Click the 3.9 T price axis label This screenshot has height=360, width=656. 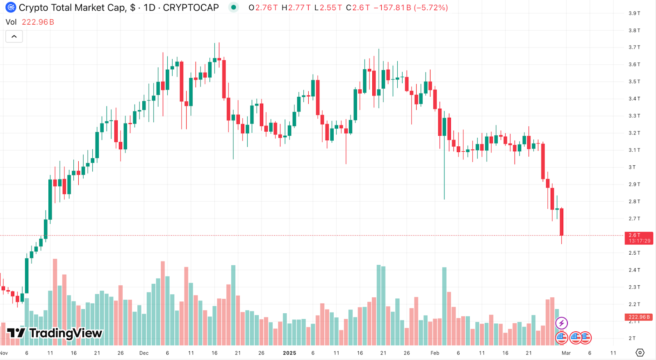[634, 14]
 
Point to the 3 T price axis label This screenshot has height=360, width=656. [632, 167]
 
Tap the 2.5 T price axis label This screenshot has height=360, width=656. [634, 253]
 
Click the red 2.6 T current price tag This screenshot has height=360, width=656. [639, 238]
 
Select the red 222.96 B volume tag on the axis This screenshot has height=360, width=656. [639, 317]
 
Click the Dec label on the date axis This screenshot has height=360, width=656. [144, 353]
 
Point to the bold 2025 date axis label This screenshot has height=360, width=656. [289, 353]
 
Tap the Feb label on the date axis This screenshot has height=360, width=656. [435, 353]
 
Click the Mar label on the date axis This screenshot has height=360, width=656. [566, 353]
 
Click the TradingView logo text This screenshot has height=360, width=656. [66, 333]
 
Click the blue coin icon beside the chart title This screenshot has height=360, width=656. [11, 7]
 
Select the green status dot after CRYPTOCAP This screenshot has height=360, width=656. [234, 7]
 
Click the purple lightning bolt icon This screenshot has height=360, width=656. [561, 323]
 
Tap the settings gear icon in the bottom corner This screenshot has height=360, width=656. [640, 353]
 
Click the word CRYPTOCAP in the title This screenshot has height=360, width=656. [191, 8]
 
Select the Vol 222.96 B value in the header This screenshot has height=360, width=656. [38, 22]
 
